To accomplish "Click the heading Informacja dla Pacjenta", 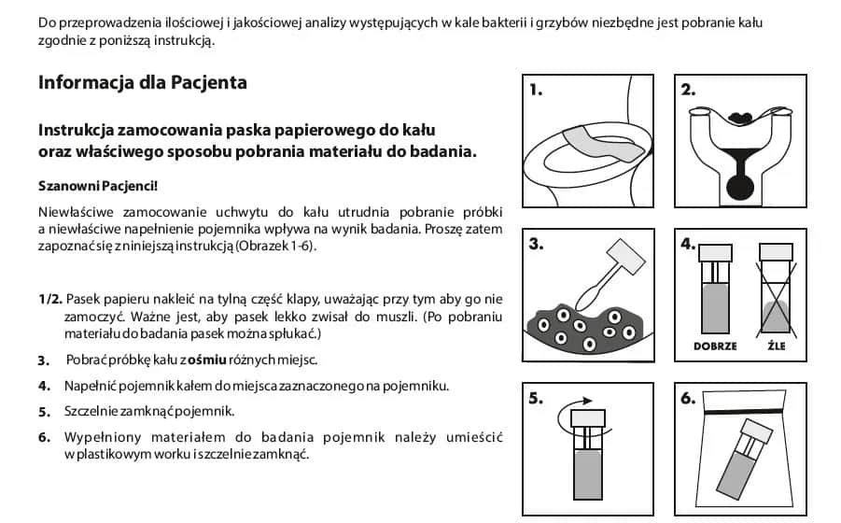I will click(142, 82).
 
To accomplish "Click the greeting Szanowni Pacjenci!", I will click(98, 186).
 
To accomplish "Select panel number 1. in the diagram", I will click(536, 91).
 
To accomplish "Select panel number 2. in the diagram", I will click(689, 91).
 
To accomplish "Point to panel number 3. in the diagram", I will click(536, 245).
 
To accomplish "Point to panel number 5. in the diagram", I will click(536, 399).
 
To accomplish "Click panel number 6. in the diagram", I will click(689, 399).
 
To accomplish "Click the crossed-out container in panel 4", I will click(775, 290).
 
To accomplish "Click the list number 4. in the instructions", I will click(44, 386).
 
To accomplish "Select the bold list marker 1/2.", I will click(50, 299).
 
